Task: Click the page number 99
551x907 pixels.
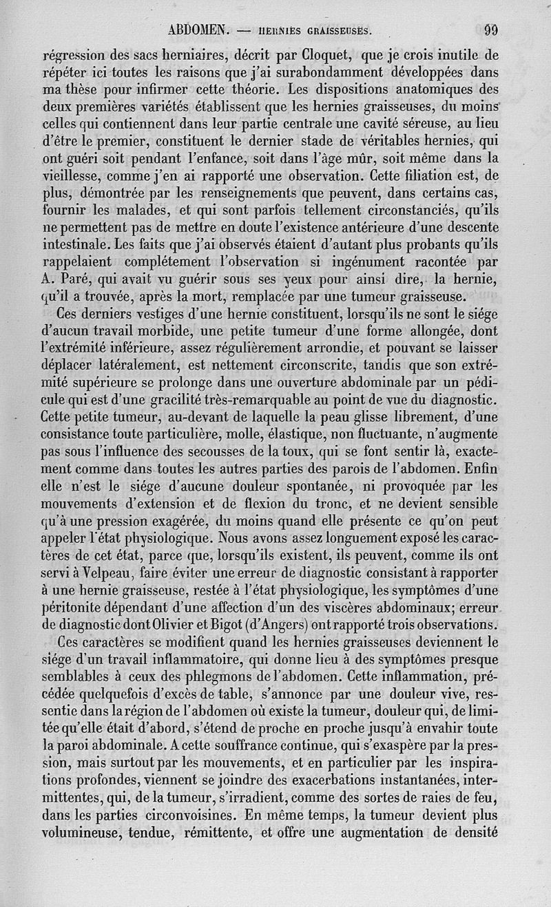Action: (491, 30)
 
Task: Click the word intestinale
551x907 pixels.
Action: (75, 244)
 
